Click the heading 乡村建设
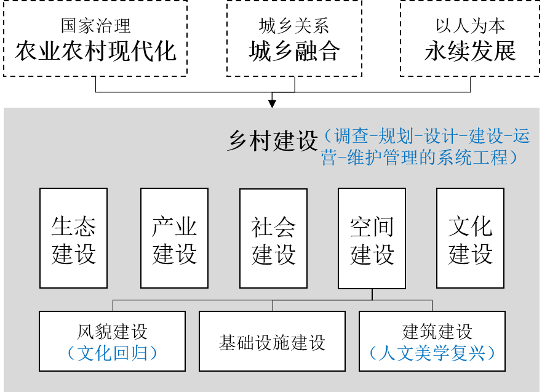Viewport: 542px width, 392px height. pos(273,141)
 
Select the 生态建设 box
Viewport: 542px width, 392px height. pos(73,238)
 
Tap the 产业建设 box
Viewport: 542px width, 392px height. pos(174,238)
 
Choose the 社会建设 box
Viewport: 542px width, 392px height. pos(273,238)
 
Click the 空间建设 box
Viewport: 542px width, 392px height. pos(372,238)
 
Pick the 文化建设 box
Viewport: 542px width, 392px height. pos(470,238)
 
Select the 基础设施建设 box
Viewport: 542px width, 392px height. pos(272,342)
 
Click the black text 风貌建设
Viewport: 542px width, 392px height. pos(113,332)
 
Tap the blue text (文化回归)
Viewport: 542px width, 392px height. pos(112,353)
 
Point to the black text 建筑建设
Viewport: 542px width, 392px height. pos(437,332)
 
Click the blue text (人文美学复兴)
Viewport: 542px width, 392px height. pos(432,353)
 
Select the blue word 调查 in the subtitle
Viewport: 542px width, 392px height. pos(352,136)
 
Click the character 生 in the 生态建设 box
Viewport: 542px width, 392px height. pos(62,226)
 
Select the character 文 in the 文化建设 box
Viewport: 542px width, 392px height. pos(459,226)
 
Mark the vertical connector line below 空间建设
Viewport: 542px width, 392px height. pos(372,294)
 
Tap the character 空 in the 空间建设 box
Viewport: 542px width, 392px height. pos(361,226)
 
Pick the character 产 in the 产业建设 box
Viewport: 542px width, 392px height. pos(163,226)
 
